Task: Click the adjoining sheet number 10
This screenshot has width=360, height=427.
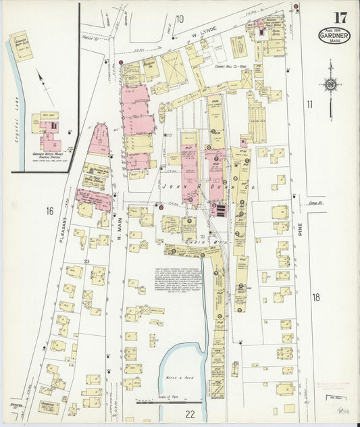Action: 180,18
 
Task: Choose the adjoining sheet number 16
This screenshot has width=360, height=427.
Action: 49,211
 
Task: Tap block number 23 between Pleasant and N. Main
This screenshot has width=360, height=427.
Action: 86,261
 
